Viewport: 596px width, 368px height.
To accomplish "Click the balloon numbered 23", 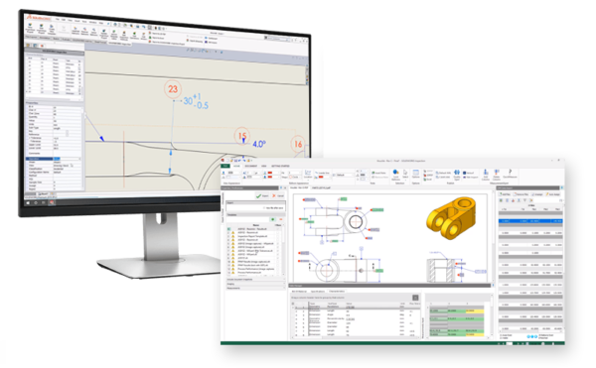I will point(174,90).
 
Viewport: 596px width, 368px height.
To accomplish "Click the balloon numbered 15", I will point(240,137).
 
